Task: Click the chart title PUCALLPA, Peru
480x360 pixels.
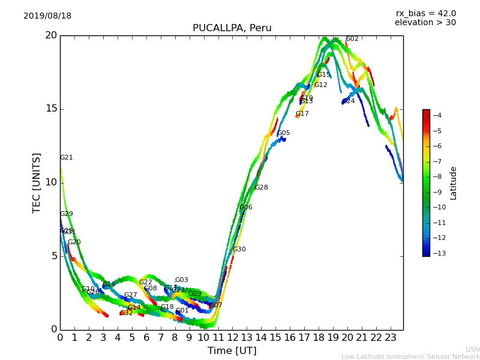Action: (x=232, y=28)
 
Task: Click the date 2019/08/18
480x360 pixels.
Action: (x=47, y=16)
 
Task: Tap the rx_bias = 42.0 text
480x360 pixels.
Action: (x=425, y=14)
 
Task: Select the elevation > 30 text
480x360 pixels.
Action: (x=425, y=23)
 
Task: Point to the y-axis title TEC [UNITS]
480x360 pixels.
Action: (x=37, y=182)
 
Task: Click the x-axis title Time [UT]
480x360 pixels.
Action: (x=232, y=351)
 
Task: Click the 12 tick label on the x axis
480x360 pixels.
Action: (x=232, y=338)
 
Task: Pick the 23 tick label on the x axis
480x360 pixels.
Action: (x=391, y=338)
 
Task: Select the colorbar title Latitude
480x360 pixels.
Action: (x=454, y=182)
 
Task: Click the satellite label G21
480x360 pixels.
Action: (x=66, y=158)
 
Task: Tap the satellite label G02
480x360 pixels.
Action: (x=352, y=39)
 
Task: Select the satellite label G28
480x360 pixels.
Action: (x=262, y=188)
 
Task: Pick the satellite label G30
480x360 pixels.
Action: (x=239, y=250)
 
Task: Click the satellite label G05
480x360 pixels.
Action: (x=284, y=133)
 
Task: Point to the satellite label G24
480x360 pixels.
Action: (x=349, y=101)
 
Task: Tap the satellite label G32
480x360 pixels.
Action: (x=127, y=313)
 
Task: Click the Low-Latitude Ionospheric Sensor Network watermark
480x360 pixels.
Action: (x=410, y=356)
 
